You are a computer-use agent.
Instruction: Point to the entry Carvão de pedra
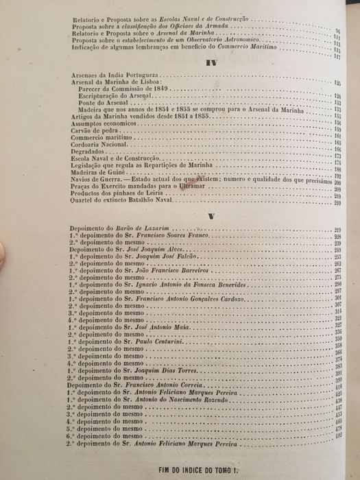pos(91,130)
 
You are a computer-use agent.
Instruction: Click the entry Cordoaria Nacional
pos(99,144)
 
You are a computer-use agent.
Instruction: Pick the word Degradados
pos(89,151)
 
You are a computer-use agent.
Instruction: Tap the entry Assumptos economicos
pos(103,123)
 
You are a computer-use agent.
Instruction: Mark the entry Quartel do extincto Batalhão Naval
pos(123,202)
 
